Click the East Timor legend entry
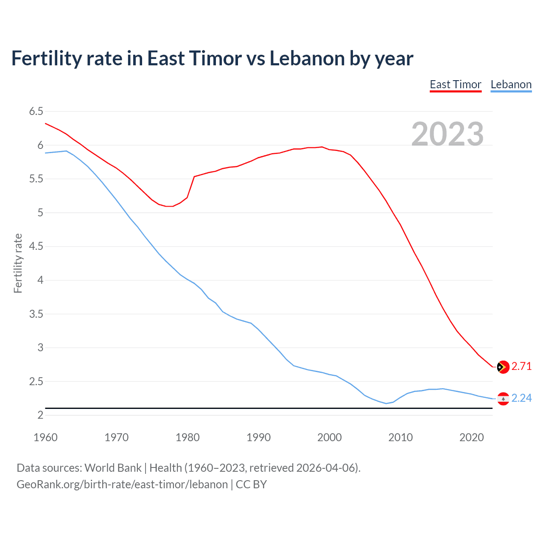(x=455, y=84)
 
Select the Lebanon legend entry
(x=511, y=84)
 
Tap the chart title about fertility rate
(x=212, y=58)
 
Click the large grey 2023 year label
(x=448, y=134)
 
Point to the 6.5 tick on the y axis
(x=36, y=112)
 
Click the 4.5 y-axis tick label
(x=36, y=246)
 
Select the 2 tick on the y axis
(x=40, y=415)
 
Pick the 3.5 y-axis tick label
(x=36, y=314)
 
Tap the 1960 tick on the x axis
(x=45, y=437)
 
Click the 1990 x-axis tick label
(x=258, y=437)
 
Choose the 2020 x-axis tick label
(x=471, y=437)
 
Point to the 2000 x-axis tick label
(x=329, y=437)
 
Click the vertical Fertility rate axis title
(x=18, y=263)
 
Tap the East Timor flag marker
(x=503, y=367)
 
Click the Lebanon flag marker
(x=503, y=399)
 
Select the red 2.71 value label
(x=521, y=366)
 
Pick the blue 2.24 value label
(x=521, y=398)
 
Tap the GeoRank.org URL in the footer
(x=122, y=484)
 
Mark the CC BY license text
(x=251, y=484)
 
